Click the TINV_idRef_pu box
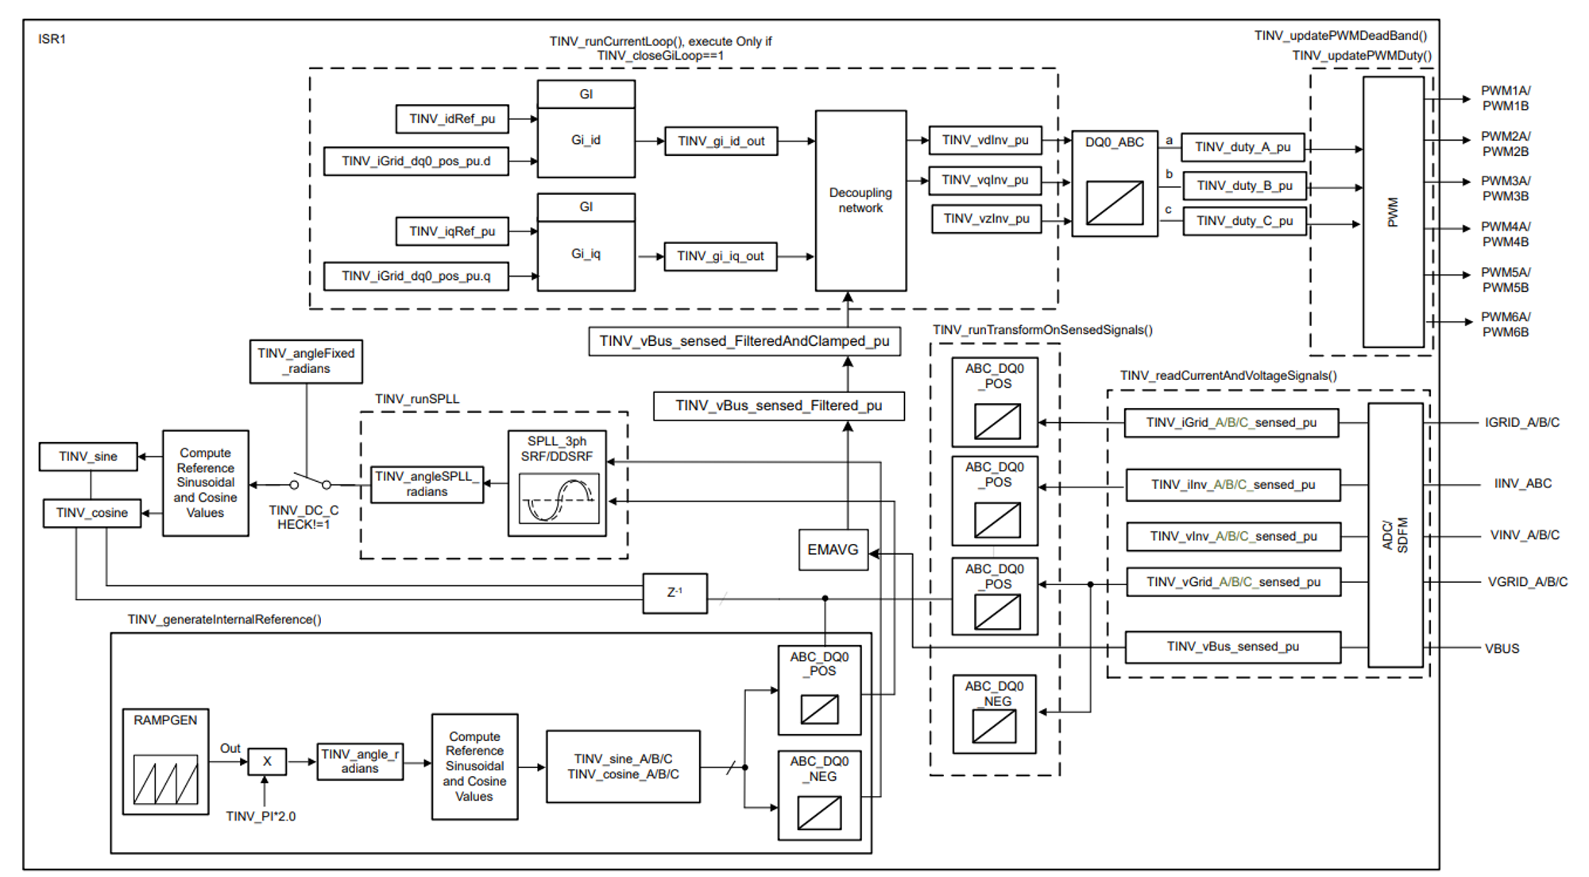click(x=452, y=119)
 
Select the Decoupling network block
click(x=860, y=200)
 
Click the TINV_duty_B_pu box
click(x=1244, y=186)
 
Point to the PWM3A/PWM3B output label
click(x=1505, y=188)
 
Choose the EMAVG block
click(x=833, y=549)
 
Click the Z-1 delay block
click(x=675, y=593)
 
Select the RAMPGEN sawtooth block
click(x=165, y=762)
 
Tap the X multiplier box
click(x=267, y=762)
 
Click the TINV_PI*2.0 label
click(x=261, y=817)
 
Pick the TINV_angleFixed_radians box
click(x=306, y=361)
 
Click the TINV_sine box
click(x=88, y=456)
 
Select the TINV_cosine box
click(x=92, y=513)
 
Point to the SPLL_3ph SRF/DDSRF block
click(x=557, y=483)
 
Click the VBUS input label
click(x=1502, y=649)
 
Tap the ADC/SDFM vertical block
click(x=1395, y=535)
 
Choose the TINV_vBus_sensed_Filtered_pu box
click(x=779, y=406)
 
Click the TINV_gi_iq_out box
click(x=720, y=256)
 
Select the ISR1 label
click(x=52, y=39)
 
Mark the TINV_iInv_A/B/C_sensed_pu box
click(x=1232, y=485)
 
